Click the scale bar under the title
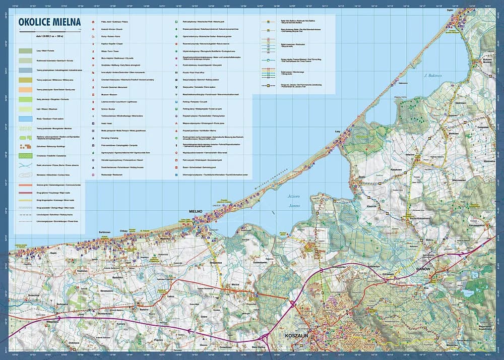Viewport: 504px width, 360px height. click(49, 31)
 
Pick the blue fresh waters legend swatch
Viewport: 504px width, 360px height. click(25, 118)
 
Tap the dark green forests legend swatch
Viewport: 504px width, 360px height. click(25, 51)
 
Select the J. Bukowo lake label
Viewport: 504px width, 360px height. click(432, 76)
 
